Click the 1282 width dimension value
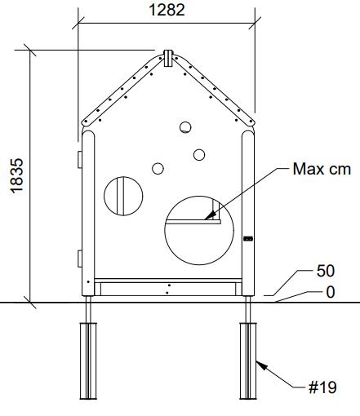click(x=167, y=10)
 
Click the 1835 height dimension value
click(x=17, y=176)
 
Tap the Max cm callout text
click(x=322, y=169)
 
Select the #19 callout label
click(x=322, y=387)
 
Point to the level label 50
click(x=326, y=271)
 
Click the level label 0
click(x=331, y=292)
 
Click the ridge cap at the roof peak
click(x=168, y=58)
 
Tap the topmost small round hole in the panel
click(x=185, y=127)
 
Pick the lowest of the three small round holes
click(x=158, y=169)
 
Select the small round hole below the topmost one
click(x=199, y=155)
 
